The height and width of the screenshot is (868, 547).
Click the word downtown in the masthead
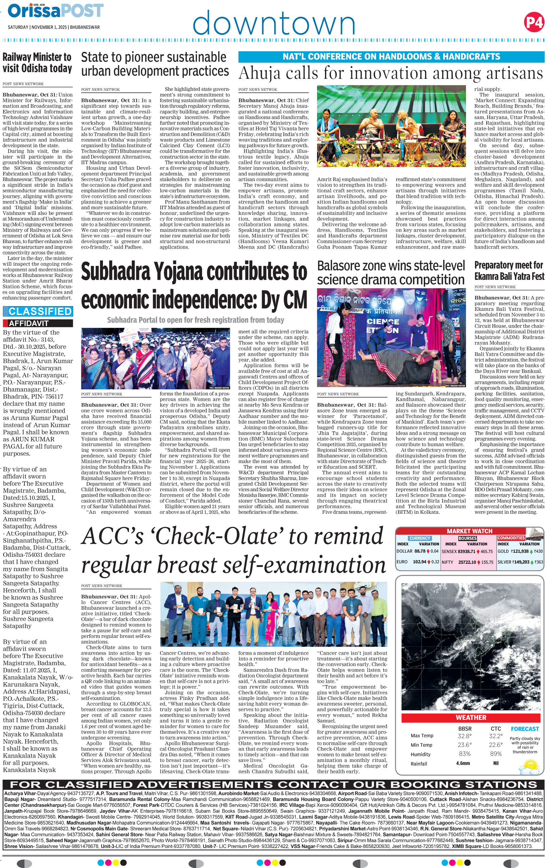coord(274,23)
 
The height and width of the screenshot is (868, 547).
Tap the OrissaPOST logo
coord(55,11)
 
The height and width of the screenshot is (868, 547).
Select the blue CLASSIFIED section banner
coord(38,311)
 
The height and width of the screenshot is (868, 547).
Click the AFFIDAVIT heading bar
coord(38,323)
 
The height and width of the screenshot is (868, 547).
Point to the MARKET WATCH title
coord(469,531)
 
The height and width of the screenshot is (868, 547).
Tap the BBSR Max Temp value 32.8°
coord(464,736)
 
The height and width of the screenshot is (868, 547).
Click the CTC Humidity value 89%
coord(496,754)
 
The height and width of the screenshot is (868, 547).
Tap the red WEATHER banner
coord(471,717)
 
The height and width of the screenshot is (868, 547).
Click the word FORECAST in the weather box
coord(525,729)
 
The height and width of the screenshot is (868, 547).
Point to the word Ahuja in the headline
coord(259,73)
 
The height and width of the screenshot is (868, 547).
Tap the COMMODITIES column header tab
coord(511,538)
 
